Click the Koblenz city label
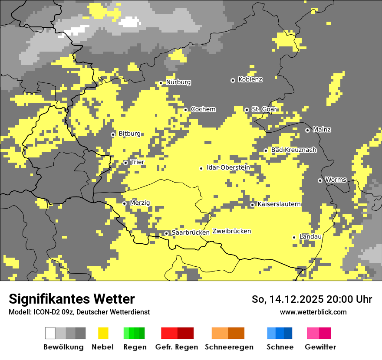coord(250,79)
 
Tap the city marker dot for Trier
coord(126,163)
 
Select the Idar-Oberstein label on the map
coord(228,168)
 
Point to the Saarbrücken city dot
coord(166,233)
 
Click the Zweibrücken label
coord(231,231)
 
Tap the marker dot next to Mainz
coord(307,130)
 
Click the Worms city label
coord(336,180)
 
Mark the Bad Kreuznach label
coord(293,150)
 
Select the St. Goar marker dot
coord(247,110)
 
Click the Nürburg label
coord(178,82)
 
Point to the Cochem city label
coord(203,109)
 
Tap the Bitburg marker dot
coord(113,134)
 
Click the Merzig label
coord(140,203)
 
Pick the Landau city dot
coord(294,237)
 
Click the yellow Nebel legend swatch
coord(103,333)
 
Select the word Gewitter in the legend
coord(320,347)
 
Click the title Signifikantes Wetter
coord(72,299)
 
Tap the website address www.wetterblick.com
coord(313,312)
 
